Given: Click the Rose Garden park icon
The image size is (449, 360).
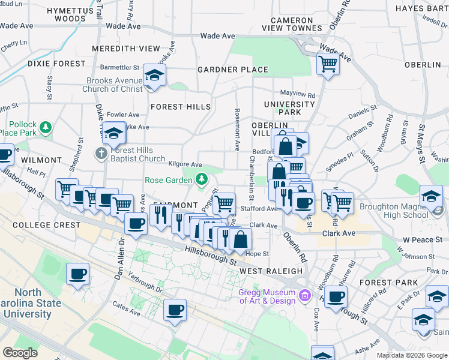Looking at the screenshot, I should point(202,178).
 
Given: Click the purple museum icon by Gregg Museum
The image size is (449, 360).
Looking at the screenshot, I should point(305,295).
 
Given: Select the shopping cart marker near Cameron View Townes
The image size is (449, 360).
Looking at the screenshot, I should point(327,63).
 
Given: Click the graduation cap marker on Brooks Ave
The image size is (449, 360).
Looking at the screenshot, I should point(154,76).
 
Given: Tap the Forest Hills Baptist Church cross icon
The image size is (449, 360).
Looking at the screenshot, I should point(101,154).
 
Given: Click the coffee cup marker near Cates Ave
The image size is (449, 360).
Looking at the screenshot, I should point(175,310).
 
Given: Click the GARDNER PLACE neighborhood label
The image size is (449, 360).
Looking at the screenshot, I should point(233,70).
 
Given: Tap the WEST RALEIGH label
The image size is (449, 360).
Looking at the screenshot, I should point(271,271).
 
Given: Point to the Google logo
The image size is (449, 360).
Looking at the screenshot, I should point(20,353).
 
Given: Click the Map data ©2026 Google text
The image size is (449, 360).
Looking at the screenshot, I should point(411,355).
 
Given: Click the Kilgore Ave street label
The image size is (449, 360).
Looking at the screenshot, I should point(185,164).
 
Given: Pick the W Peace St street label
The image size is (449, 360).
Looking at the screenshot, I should point(422,239).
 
